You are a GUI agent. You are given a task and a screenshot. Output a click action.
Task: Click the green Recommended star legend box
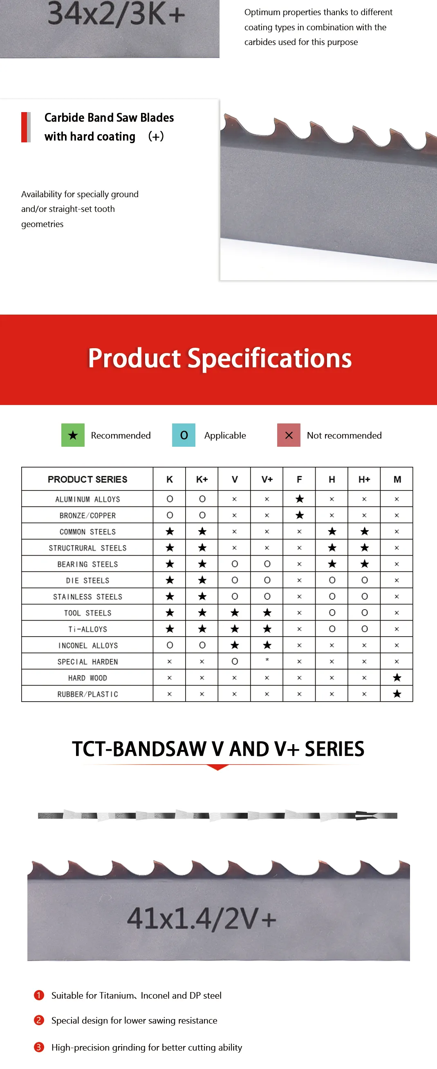73,435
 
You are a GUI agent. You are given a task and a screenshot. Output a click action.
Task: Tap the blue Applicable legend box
184,435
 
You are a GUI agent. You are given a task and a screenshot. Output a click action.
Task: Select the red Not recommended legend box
289,435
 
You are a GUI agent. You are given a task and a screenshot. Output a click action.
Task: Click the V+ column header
267,479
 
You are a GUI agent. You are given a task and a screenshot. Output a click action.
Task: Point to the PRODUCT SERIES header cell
87,479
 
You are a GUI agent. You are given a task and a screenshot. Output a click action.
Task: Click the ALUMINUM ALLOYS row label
87,499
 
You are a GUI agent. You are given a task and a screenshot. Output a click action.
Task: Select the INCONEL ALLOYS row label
88,645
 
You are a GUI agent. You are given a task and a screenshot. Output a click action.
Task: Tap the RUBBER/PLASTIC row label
87,694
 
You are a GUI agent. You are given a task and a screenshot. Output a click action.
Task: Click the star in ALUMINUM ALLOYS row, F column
299,499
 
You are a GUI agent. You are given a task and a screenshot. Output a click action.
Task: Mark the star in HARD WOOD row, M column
397,677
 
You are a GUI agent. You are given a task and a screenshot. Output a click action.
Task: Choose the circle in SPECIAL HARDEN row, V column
235,662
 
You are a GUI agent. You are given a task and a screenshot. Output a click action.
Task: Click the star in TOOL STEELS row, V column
235,612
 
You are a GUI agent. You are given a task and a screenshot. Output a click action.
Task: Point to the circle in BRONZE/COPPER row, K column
170,515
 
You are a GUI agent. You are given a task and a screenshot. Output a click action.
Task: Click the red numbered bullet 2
39,1020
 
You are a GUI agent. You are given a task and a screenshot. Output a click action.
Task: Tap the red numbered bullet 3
39,1047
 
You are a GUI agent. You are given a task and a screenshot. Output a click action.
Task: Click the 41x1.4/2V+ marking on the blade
202,918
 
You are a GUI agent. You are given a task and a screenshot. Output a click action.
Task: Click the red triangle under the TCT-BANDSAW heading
217,767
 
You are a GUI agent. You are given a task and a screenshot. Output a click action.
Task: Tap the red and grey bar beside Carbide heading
26,127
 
